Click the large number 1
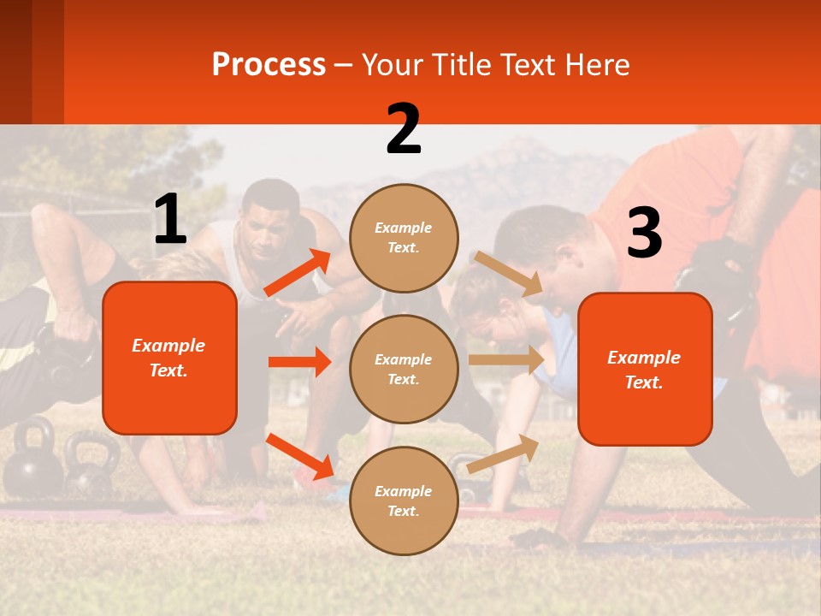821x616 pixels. coord(170,219)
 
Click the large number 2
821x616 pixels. coord(404,129)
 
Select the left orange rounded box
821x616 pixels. coord(169,358)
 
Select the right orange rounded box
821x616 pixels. coord(645,369)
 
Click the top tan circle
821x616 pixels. coord(404,237)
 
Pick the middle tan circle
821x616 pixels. coord(404,369)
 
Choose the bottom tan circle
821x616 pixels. coord(404,500)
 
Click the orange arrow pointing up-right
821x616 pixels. coord(298,273)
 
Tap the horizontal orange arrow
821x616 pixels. coord(299,362)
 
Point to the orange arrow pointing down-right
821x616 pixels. coord(299,456)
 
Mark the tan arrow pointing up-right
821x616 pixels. coord(503,453)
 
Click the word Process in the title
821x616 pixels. coord(269,64)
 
